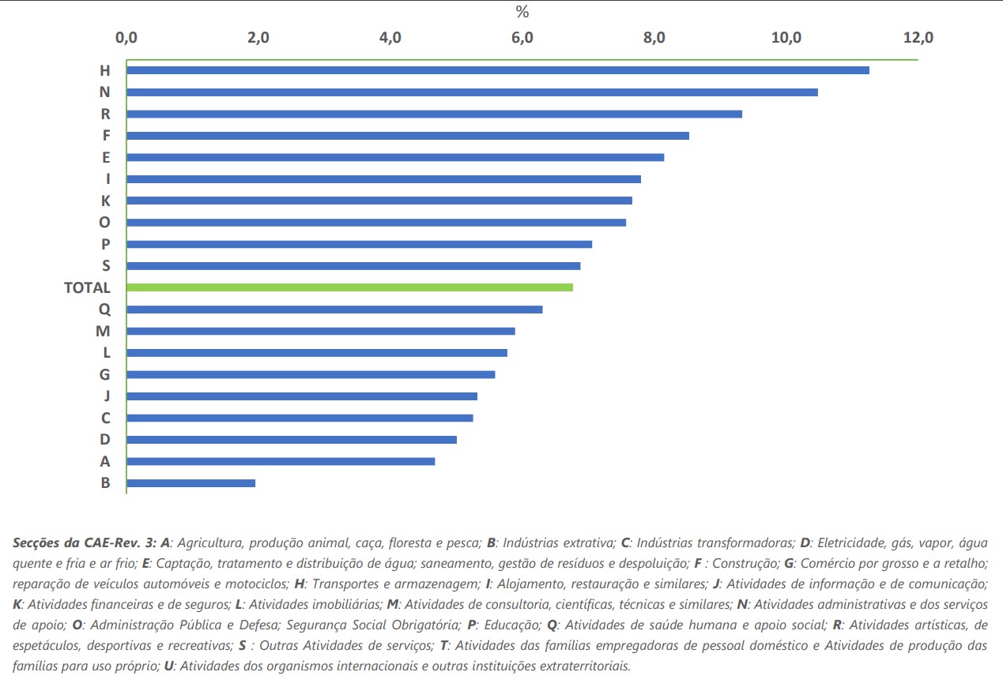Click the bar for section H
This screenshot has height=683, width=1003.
498,70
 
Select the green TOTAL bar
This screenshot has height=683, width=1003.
349,287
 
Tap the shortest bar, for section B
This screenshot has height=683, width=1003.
190,482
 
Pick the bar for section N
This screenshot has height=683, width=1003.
472,92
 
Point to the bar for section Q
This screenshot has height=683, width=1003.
334,309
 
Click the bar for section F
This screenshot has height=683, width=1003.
408,136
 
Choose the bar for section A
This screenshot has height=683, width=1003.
281,461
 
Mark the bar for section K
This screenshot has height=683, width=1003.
379,201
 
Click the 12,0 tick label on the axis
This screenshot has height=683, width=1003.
919,37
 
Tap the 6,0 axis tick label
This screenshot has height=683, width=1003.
522,37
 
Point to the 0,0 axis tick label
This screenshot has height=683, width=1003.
126,37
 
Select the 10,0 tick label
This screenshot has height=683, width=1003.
787,37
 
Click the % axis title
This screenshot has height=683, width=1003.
522,12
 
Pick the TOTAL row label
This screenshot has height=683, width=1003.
87,288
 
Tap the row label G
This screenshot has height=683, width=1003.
105,375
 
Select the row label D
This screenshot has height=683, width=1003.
105,440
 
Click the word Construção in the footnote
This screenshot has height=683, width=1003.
755,564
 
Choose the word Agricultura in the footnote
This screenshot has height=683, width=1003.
213,543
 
